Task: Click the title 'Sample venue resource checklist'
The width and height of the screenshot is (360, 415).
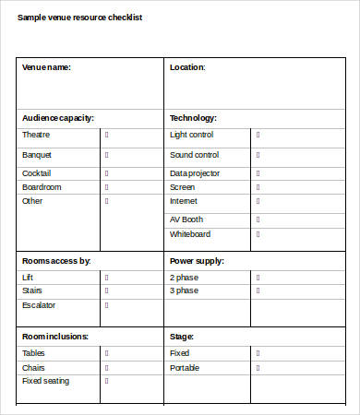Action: tap(79, 18)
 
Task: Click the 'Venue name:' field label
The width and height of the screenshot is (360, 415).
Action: tap(46, 67)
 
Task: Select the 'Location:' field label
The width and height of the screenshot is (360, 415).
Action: tap(187, 67)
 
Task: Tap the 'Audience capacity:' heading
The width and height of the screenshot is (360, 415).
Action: tap(58, 118)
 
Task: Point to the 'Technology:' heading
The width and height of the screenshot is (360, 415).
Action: tap(194, 118)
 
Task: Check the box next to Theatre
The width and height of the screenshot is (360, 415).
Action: tap(107, 135)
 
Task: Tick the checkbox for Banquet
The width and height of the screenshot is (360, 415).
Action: tap(107, 155)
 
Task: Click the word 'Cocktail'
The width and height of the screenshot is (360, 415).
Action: tap(37, 172)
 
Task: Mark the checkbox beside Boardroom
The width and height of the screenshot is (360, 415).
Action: tap(107, 187)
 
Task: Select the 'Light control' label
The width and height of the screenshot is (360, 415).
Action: tap(191, 135)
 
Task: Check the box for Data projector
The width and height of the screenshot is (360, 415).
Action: tap(258, 172)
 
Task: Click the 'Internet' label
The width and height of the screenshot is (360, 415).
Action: tap(184, 201)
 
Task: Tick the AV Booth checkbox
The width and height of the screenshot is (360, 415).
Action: tap(258, 219)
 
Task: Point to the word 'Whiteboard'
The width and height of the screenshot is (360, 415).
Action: tap(190, 234)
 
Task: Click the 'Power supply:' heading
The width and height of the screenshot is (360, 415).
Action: tap(198, 261)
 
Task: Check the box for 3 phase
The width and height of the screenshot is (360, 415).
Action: tap(258, 290)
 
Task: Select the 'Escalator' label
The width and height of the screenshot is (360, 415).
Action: tap(39, 304)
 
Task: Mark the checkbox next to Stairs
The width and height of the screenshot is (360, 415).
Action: tap(107, 290)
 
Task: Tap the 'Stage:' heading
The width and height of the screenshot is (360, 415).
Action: tap(181, 337)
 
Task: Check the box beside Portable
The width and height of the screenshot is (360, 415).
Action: tap(258, 367)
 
